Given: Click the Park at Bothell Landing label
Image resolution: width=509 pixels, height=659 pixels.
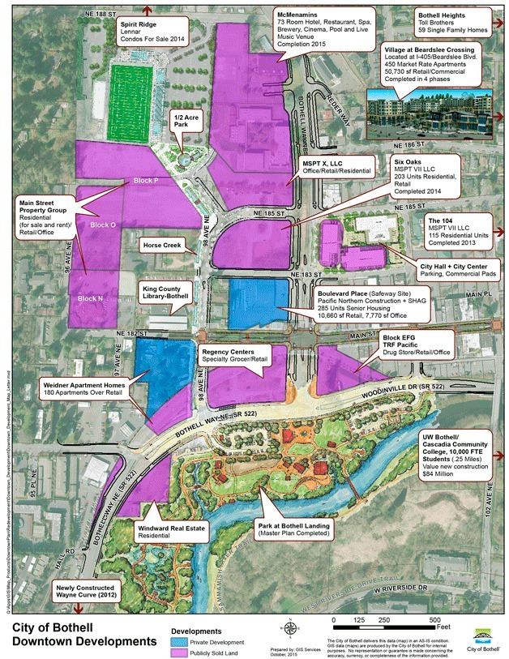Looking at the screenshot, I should coord(293,529).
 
